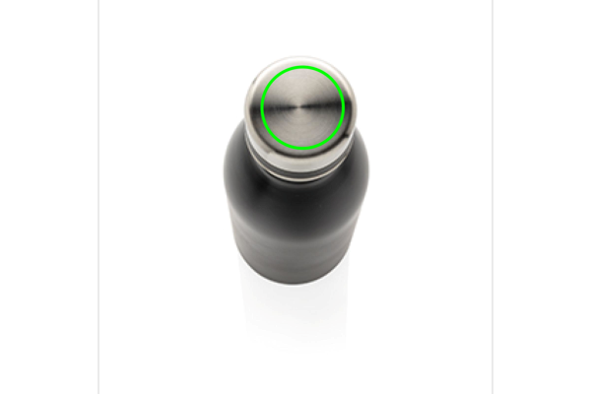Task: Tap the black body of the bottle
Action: coord(295,227)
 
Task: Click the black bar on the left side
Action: coord(49,197)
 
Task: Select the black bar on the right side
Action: coord(542,197)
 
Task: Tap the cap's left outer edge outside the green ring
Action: coord(250,108)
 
